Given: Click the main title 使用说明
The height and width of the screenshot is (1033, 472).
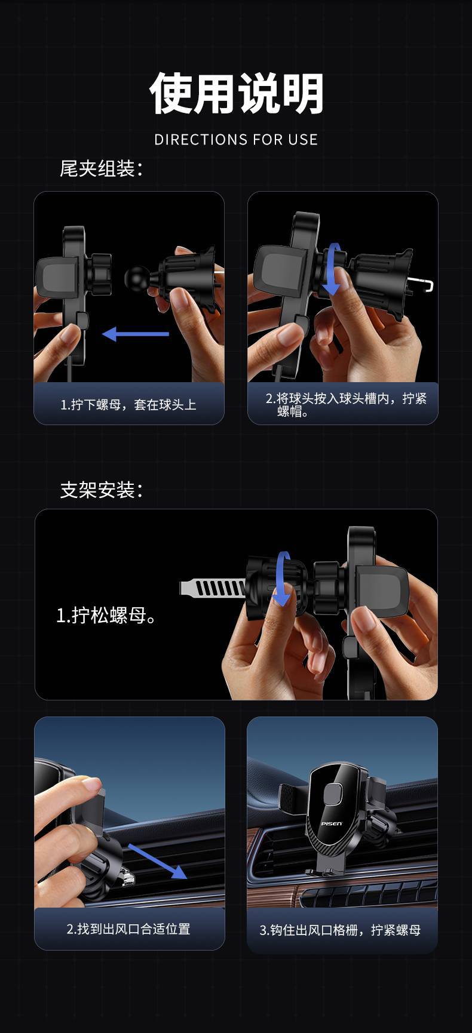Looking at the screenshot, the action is tap(236, 93).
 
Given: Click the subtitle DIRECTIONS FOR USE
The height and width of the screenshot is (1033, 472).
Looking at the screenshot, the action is tap(236, 140).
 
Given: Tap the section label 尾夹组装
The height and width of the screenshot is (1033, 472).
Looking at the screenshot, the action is tap(102, 168).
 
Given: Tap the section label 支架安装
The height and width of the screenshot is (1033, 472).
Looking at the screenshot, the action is tap(102, 490).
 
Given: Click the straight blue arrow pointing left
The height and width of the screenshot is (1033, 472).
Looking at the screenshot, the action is tap(135, 334).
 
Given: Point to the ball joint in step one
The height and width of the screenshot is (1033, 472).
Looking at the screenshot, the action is tap(137, 277).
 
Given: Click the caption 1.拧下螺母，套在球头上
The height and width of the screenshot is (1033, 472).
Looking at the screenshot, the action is tap(128, 405).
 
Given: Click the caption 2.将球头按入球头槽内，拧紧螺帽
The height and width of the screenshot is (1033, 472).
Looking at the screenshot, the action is tap(346, 404).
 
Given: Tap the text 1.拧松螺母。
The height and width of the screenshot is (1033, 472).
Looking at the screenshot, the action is tap(107, 616).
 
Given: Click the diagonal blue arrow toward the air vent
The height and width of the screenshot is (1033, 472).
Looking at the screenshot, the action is tap(157, 862).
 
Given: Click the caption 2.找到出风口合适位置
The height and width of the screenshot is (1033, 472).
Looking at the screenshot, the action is tap(128, 929).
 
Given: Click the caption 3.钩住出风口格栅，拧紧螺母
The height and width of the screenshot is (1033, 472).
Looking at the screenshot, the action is tap(340, 930).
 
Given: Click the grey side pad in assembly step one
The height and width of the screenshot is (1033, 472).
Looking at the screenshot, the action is tap(58, 277).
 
